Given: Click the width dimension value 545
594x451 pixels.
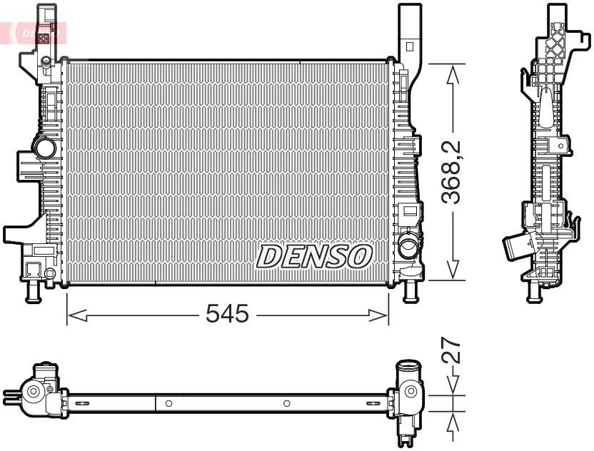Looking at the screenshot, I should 227,314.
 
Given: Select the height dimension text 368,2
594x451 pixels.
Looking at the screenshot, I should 451,173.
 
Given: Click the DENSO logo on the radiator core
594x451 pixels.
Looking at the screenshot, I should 314,256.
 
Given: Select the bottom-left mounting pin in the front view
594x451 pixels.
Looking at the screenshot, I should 32,292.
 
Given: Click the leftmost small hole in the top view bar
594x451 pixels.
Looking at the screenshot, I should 168,404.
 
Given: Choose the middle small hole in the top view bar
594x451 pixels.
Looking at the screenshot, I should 286,404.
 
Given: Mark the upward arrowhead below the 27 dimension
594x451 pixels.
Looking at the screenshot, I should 452,425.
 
